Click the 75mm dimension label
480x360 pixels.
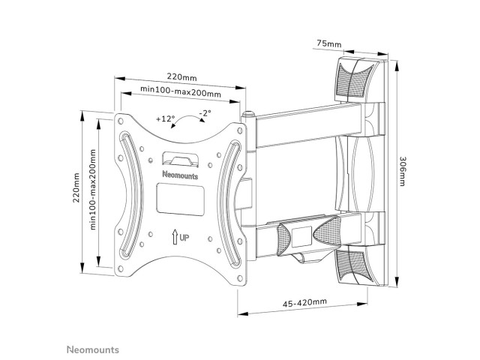(x=328, y=43)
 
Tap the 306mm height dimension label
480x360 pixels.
(x=402, y=172)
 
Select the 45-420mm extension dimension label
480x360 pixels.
(x=304, y=302)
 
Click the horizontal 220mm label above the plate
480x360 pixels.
(x=181, y=76)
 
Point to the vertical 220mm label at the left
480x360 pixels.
(x=76, y=187)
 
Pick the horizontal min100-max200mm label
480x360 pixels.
(x=181, y=91)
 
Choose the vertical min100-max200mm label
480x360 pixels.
(x=93, y=189)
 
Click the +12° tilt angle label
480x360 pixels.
(x=165, y=118)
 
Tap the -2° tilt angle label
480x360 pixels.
(x=205, y=113)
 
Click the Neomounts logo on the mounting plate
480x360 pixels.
(x=180, y=175)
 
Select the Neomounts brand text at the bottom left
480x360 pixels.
(x=93, y=349)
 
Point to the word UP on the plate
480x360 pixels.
(x=184, y=238)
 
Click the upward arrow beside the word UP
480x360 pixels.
(x=175, y=237)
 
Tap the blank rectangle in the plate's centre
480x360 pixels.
(x=180, y=199)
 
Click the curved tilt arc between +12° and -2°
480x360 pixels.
(x=187, y=118)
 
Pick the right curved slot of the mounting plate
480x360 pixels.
(x=231, y=203)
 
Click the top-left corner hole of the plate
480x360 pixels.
(x=121, y=121)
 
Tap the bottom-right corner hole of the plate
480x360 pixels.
(x=240, y=278)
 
